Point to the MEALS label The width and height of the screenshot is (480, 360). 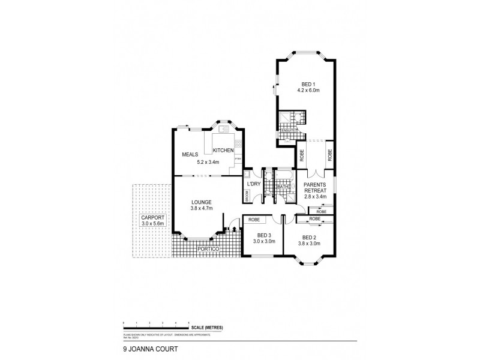[x=190, y=155]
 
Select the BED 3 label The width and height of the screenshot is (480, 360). [x=264, y=235]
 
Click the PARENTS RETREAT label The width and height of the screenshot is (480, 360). [x=315, y=187]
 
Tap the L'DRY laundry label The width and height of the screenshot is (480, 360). [x=253, y=184]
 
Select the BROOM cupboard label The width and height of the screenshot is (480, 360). [x=247, y=196]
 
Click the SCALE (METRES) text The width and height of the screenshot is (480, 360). [x=208, y=327]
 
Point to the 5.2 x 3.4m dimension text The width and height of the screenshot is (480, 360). [x=209, y=162]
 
